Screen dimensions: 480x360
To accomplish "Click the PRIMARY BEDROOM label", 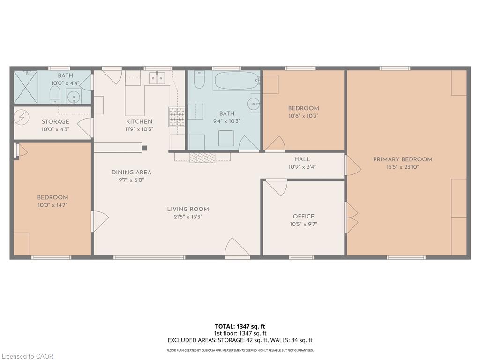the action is pos(403,159).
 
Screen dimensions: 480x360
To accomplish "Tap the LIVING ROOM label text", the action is pos(188,209).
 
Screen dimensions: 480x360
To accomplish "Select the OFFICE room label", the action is pos(303,216).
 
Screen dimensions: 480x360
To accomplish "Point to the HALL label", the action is pos(302,159).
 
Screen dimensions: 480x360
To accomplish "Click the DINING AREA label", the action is pos(131,172).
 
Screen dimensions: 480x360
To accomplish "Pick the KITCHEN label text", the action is pos(139,121).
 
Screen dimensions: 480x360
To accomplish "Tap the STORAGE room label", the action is pos(55,121).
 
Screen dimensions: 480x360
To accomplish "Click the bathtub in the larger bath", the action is pos(236,80).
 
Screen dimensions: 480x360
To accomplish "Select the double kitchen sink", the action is pos(157,78).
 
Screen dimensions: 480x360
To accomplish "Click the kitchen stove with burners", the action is pos(177,117).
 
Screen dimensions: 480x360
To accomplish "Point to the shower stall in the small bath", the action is pos(25,87).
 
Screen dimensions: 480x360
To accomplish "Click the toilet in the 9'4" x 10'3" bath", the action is pos(199,80).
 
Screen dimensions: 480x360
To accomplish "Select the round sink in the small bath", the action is pos(74,97).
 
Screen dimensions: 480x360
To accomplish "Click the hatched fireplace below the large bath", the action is pos(202,157).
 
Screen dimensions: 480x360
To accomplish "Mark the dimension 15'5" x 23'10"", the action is pos(403,167).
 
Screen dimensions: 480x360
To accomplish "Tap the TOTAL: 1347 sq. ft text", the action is pos(240,326).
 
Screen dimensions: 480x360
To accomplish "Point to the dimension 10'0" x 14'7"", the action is pos(52,205).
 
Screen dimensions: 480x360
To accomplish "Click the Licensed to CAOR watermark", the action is pos(27,356).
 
